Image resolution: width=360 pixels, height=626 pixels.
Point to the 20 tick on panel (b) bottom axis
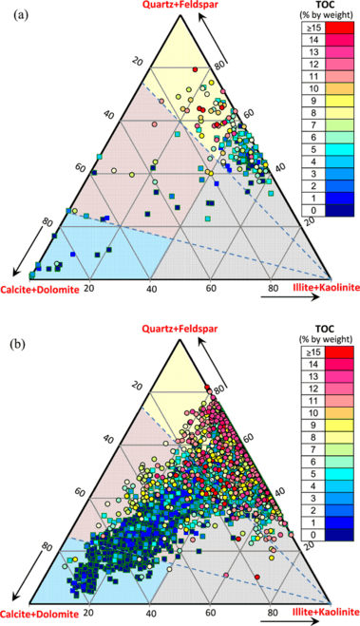tap(89, 601)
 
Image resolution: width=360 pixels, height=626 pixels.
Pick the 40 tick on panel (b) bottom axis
tap(151, 601)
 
